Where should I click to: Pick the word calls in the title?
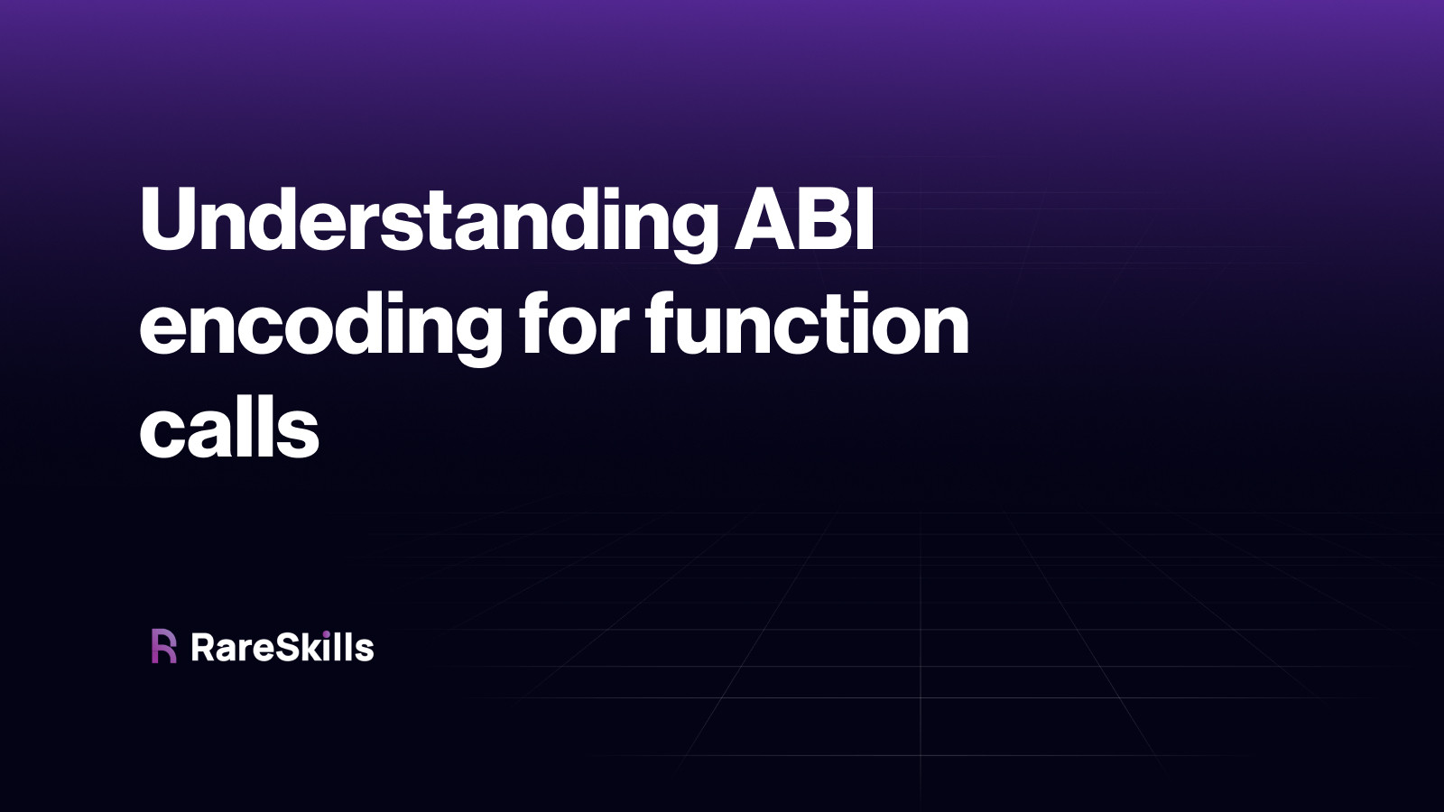pyautogui.click(x=229, y=429)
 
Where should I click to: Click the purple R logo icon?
pyautogui.click(x=163, y=646)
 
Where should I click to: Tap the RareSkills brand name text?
pyautogui.click(x=282, y=648)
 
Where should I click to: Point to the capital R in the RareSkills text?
pyautogui.click(x=203, y=648)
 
